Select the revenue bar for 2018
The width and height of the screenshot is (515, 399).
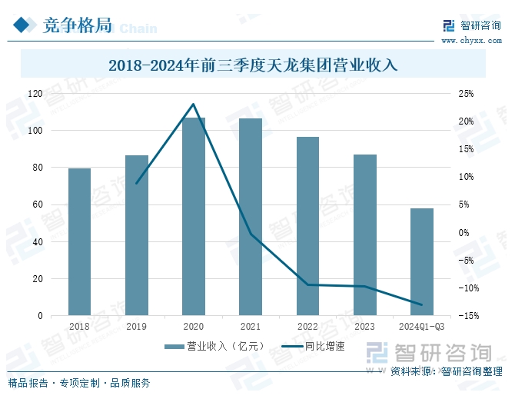pyautogui.click(x=79, y=241)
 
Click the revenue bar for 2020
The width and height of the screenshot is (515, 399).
pyautogui.click(x=194, y=216)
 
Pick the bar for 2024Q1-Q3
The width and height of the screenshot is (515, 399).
pyautogui.click(x=421, y=261)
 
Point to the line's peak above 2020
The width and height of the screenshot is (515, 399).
pyautogui.click(x=194, y=104)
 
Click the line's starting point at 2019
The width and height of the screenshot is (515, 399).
pyautogui.click(x=136, y=184)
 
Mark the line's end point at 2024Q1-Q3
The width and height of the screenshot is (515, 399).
pyautogui.click(x=422, y=305)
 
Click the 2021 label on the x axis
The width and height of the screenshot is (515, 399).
pyautogui.click(x=251, y=327)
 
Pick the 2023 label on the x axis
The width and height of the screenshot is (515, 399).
pyautogui.click(x=364, y=327)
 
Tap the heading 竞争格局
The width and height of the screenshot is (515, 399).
pyautogui.click(x=77, y=26)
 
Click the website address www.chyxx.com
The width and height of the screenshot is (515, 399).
pyautogui.click(x=471, y=40)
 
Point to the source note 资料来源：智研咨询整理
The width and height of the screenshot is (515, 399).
pyautogui.click(x=447, y=372)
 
